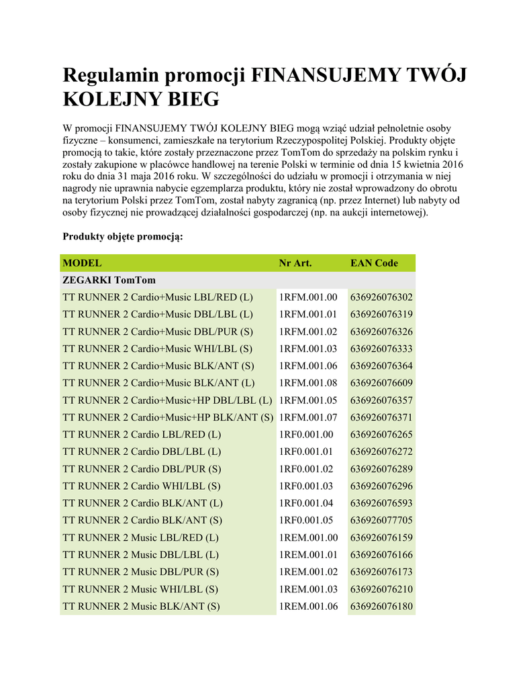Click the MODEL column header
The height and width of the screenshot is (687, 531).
click(x=82, y=263)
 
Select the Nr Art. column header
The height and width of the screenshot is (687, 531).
click(x=295, y=263)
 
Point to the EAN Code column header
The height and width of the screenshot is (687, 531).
click(x=374, y=263)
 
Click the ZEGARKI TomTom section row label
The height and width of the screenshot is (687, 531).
click(x=109, y=280)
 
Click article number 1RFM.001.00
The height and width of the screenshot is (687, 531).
click(x=308, y=297)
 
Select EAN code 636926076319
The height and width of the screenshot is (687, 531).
click(x=381, y=314)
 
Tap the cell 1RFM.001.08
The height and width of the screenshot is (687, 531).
click(x=308, y=383)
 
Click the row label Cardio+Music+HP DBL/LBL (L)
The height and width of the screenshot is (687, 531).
click(x=168, y=401)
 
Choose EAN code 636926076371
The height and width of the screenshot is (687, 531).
click(x=381, y=417)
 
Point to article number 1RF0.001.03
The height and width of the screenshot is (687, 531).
click(x=306, y=486)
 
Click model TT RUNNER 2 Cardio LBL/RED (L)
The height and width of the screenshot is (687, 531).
click(x=142, y=434)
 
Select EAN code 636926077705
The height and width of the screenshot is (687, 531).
click(x=381, y=520)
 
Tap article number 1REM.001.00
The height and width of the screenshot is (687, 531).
click(x=308, y=537)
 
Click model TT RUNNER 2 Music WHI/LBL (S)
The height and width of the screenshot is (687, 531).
click(x=140, y=589)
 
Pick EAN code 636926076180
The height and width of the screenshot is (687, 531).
click(x=381, y=606)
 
